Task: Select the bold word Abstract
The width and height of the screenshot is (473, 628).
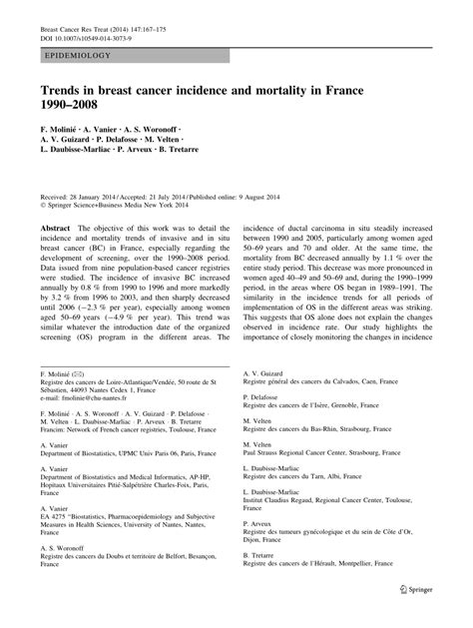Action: (56, 229)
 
